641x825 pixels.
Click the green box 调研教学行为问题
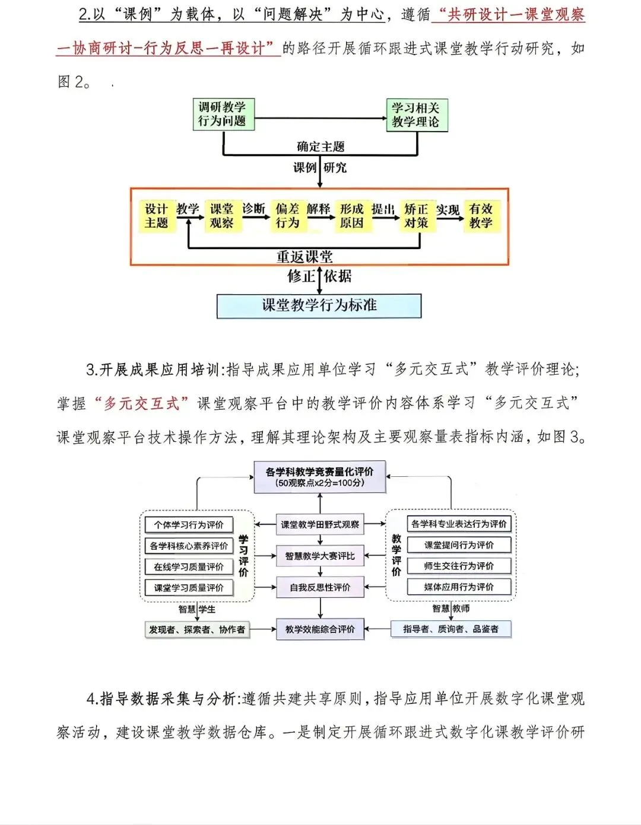click(223, 114)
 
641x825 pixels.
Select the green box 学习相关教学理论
click(416, 115)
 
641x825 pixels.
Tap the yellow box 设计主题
click(157, 216)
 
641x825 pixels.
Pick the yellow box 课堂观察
click(221, 216)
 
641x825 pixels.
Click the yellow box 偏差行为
click(287, 216)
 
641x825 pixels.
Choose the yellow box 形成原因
click(352, 216)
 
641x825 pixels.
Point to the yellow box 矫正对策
click(417, 216)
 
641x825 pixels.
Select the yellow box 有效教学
click(481, 216)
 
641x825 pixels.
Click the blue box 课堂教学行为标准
click(319, 306)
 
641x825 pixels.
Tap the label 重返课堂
click(304, 257)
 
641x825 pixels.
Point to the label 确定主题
click(320, 146)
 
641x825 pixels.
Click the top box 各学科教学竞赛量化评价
click(320, 477)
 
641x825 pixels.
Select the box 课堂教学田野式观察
click(320, 524)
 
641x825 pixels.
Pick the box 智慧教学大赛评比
click(320, 556)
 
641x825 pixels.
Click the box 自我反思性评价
click(320, 587)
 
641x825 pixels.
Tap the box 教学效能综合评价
click(320, 629)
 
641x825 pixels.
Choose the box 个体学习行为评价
click(189, 525)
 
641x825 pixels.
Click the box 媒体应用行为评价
click(459, 587)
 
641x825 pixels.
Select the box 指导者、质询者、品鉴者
click(451, 629)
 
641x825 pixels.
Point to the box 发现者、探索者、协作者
click(197, 629)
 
